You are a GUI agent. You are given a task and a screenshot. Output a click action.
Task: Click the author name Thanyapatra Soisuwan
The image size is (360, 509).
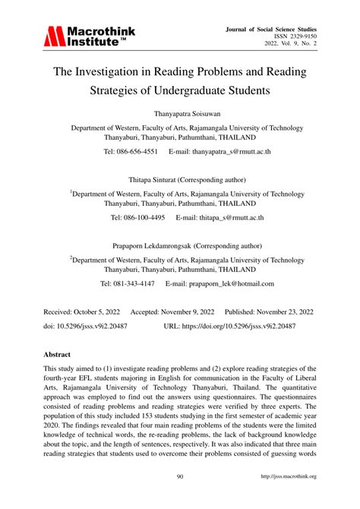pos(180,115)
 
